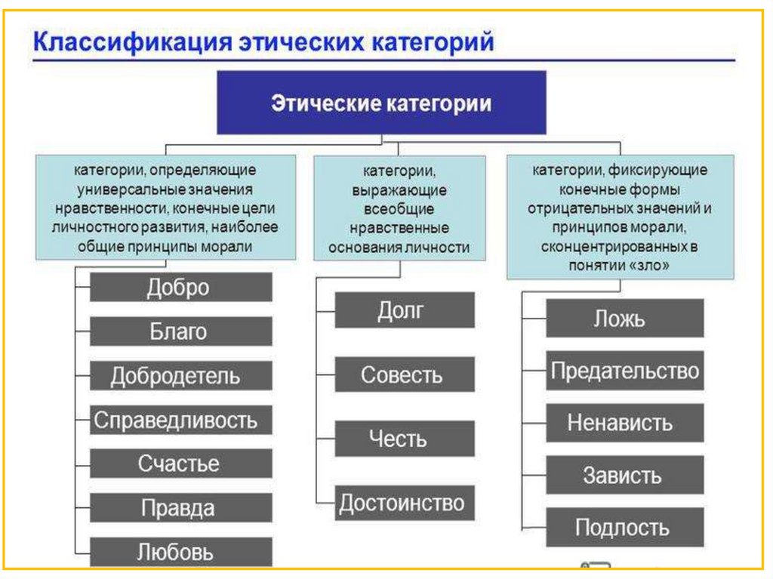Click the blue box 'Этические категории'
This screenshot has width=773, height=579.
click(382, 103)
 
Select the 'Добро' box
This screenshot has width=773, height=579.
click(180, 288)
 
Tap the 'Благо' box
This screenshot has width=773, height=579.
click(180, 331)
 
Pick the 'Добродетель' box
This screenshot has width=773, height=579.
click(180, 376)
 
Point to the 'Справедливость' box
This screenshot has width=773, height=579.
click(180, 420)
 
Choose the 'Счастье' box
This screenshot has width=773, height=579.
click(180, 464)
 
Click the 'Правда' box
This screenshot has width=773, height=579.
click(180, 508)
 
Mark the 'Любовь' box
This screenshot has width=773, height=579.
click(180, 551)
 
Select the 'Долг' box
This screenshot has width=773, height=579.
click(405, 310)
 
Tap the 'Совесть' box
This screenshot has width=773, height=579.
click(405, 374)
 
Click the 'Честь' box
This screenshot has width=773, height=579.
click(405, 439)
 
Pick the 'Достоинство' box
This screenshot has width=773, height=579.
click(405, 503)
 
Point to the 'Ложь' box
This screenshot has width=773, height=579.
click(624, 318)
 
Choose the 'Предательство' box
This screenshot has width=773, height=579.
click(624, 371)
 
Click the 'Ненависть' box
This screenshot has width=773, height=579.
click(624, 423)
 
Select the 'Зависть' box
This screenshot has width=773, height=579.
click(624, 475)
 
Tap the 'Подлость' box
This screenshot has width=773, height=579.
click(624, 527)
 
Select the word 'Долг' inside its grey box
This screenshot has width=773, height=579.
click(402, 310)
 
